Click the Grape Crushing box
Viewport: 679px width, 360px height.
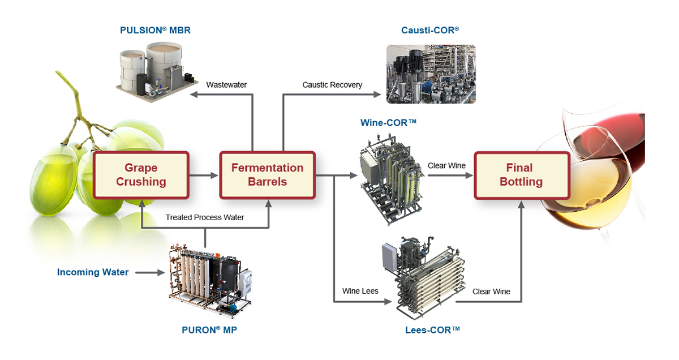141,175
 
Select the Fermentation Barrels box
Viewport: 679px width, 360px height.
267,175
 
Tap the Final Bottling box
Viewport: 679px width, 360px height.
519,175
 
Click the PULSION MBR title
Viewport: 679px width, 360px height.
155,31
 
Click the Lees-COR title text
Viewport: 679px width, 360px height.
432,328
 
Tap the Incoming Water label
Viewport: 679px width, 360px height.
93,272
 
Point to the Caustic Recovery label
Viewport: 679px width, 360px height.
332,85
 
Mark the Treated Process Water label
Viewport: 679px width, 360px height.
205,217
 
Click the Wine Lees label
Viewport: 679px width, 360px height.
360,291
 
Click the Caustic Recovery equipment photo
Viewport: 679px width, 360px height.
431,74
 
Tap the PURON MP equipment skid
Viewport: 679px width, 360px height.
209,281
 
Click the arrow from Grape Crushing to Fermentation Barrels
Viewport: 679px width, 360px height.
204,175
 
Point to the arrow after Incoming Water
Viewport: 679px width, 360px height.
148,273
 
